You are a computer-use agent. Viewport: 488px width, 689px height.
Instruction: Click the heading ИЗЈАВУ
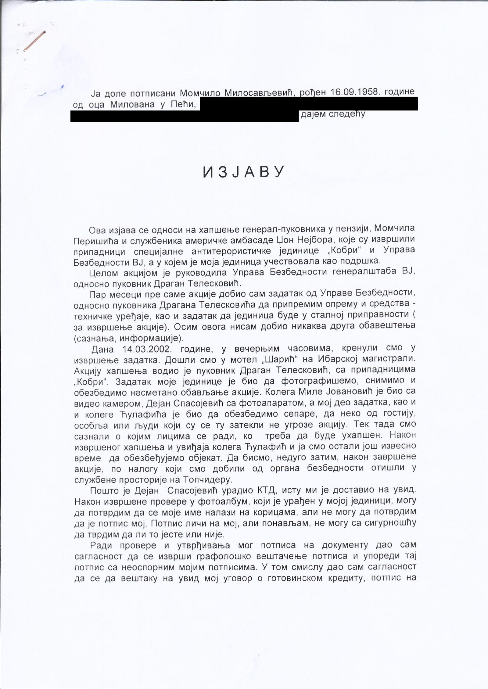(x=243, y=172)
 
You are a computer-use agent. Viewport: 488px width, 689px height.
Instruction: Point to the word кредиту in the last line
(x=347, y=578)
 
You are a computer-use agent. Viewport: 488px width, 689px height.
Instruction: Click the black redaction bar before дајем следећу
(x=184, y=116)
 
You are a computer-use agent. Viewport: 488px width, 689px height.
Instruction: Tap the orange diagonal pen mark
(x=35, y=41)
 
